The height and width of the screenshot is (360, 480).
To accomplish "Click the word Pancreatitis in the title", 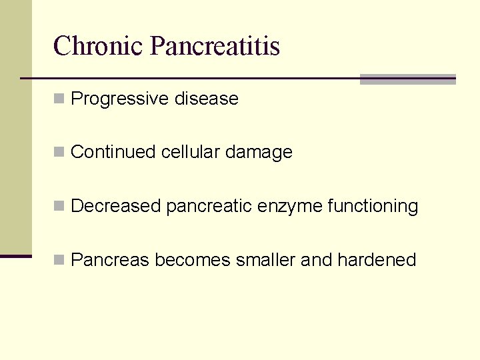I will click(215, 46).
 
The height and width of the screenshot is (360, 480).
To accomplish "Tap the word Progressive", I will click(120, 99).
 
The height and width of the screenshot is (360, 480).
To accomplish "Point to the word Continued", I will click(113, 152).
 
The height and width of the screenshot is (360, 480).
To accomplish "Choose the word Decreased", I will click(116, 206).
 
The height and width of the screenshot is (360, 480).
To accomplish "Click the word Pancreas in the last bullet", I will click(110, 259).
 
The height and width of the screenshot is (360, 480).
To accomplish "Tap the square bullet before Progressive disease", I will click(59, 99).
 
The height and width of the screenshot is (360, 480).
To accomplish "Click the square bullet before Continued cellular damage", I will click(59, 152).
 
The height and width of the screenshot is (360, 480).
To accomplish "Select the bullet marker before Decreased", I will click(59, 206).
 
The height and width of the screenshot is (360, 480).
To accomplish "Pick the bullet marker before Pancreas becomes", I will click(59, 259).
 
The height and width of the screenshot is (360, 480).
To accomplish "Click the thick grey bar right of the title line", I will click(407, 79).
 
